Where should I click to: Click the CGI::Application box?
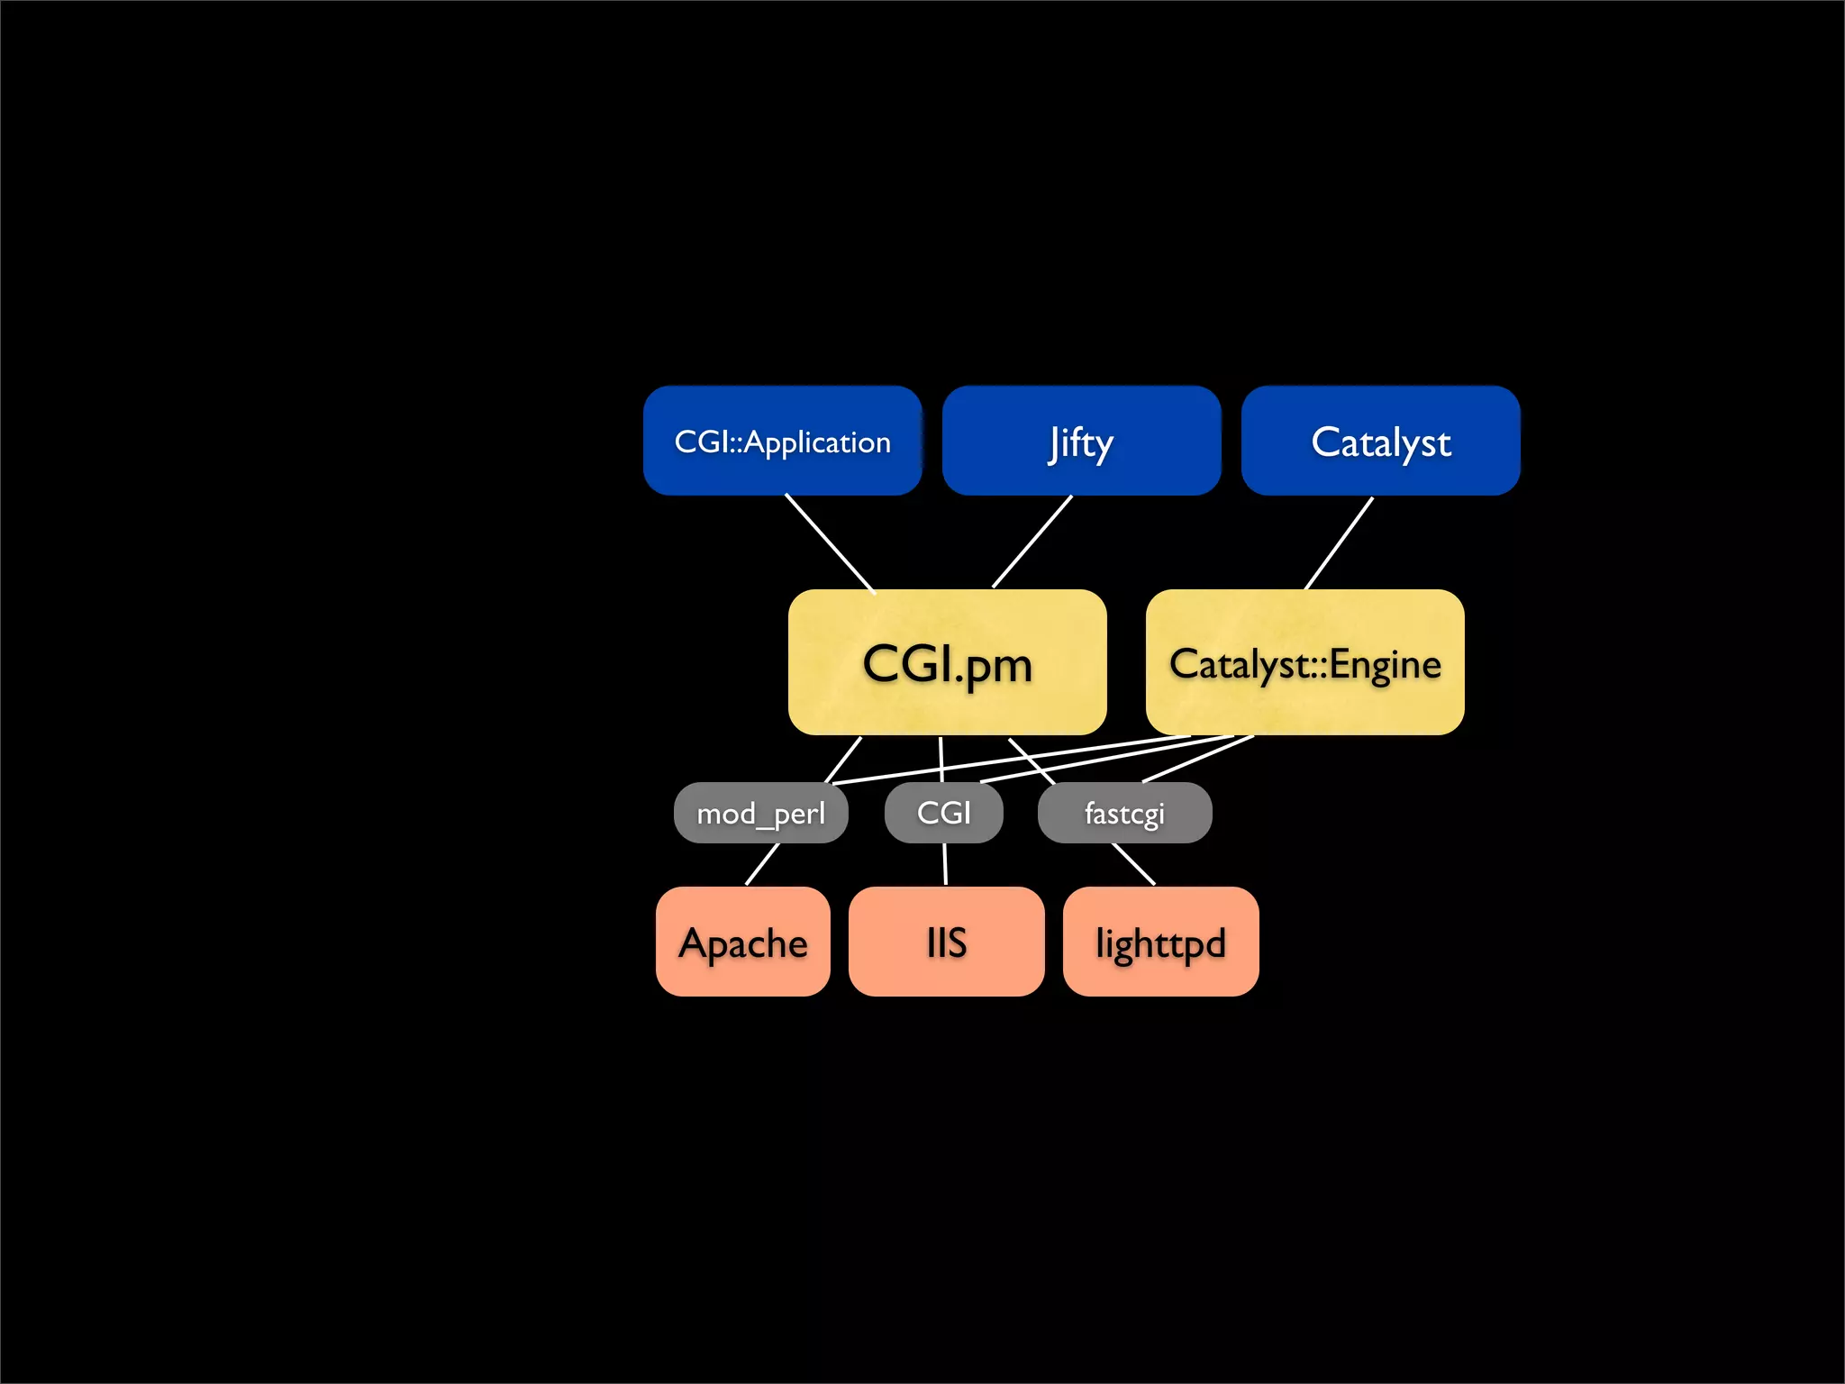(782, 441)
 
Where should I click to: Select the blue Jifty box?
(1081, 441)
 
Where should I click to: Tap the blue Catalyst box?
(1380, 441)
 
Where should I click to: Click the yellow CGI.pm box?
(947, 662)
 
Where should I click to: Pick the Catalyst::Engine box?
(1304, 662)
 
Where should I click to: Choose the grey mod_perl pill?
(760, 813)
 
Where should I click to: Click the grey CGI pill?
(943, 813)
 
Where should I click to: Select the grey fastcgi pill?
(1124, 813)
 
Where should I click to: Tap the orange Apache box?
(742, 942)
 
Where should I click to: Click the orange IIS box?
(946, 942)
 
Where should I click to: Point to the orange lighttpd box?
(1160, 942)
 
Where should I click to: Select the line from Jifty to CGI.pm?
(1032, 542)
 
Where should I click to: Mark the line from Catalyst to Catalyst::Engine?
(1339, 543)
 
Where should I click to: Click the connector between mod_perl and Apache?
(762, 864)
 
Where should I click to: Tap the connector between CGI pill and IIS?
(945, 864)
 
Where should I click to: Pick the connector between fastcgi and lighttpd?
(1133, 864)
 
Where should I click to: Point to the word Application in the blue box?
(817, 442)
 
